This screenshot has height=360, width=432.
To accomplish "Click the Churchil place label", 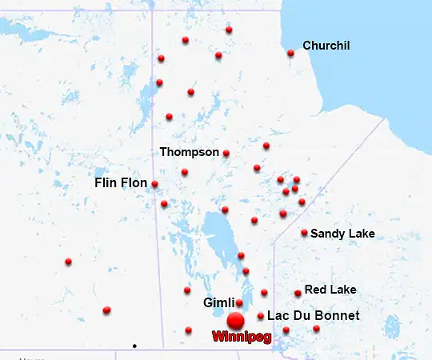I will click(326, 46).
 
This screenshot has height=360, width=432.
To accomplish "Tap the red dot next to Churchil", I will click(290, 54).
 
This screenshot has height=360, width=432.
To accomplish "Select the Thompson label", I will click(189, 151).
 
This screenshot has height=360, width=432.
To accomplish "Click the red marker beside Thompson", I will click(226, 153).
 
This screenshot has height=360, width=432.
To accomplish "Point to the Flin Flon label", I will click(121, 183).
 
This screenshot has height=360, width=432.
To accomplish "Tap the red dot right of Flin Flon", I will click(154, 184).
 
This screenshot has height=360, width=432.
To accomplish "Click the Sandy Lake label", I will click(342, 234).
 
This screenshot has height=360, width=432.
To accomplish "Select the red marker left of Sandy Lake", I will click(304, 233).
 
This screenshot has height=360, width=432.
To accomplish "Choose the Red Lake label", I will click(330, 289).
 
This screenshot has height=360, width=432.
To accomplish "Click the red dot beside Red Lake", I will click(298, 294).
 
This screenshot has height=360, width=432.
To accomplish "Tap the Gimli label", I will click(218, 303).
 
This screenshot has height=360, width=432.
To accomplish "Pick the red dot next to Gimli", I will click(239, 302).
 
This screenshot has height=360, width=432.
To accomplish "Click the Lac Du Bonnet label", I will click(313, 316).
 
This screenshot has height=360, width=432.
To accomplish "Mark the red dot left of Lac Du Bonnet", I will click(261, 316).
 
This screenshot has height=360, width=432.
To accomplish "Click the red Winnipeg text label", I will click(242, 338).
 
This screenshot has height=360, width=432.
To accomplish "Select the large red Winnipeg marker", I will click(235, 322).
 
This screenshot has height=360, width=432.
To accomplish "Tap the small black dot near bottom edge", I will click(134, 346).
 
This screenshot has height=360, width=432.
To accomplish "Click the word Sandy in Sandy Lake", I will click(328, 234).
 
